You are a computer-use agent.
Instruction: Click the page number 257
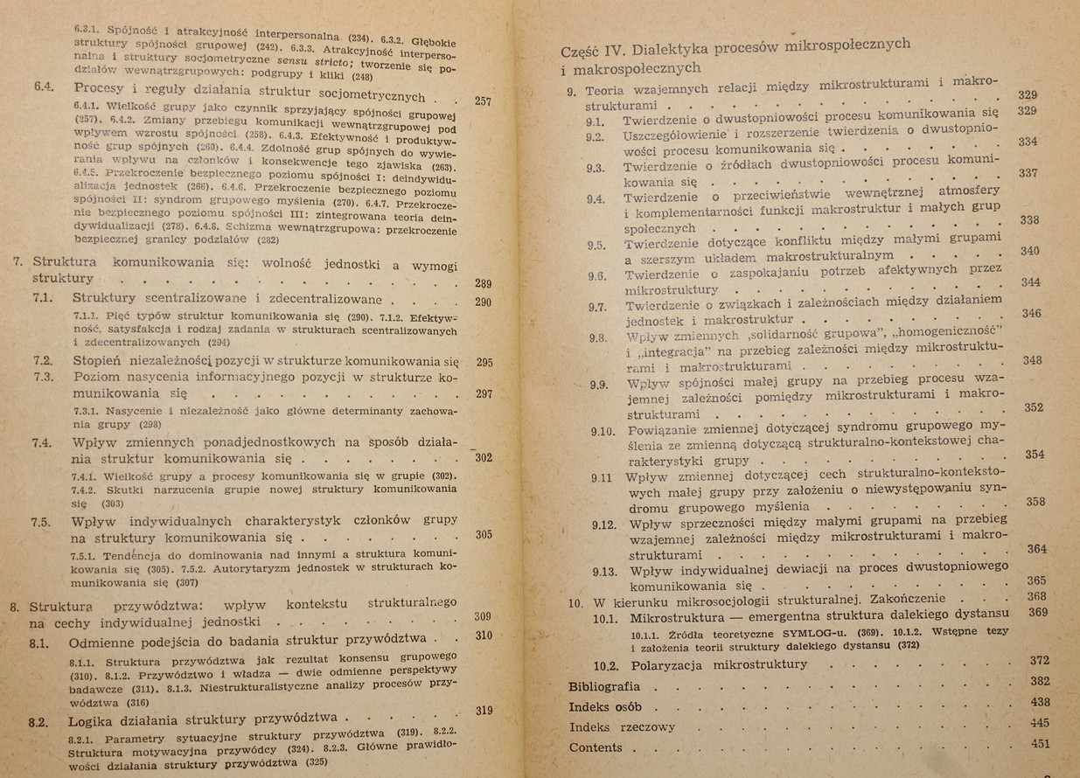482,101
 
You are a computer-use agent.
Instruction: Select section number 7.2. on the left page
44,361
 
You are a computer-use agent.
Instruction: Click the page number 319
484,711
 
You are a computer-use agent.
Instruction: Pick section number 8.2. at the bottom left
38,722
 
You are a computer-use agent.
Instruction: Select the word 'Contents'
596,747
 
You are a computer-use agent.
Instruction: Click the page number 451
1040,744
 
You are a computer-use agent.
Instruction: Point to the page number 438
1040,702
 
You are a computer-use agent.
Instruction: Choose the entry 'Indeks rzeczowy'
622,726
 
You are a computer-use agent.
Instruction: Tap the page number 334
1028,142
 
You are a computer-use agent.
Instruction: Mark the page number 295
485,362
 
